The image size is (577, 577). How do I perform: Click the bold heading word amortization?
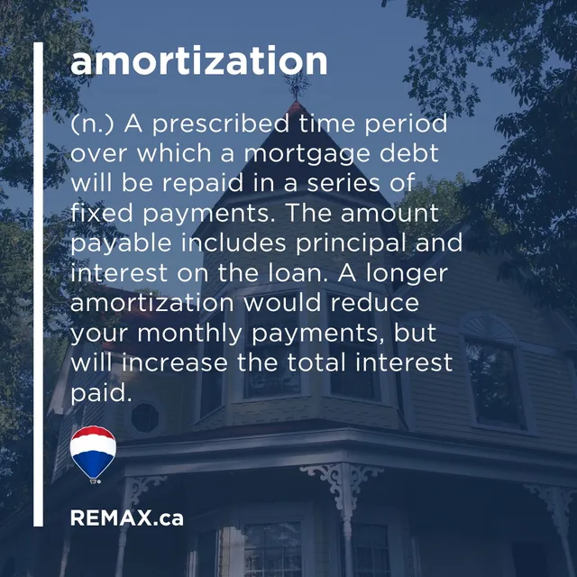click(x=199, y=61)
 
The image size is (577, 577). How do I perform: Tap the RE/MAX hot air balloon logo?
click(x=93, y=454)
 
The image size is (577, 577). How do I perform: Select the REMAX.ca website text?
click(x=126, y=518)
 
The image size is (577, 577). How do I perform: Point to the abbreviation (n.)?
click(x=92, y=124)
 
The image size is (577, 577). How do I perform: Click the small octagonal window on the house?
click(x=143, y=417)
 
